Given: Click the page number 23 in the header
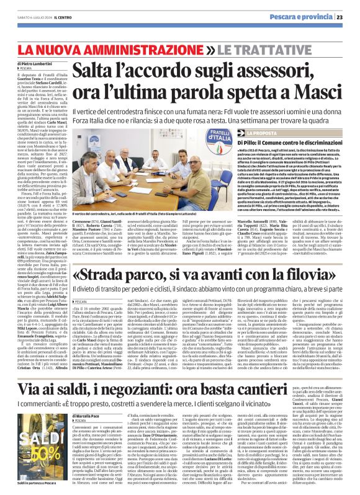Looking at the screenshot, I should tap(349, 17).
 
